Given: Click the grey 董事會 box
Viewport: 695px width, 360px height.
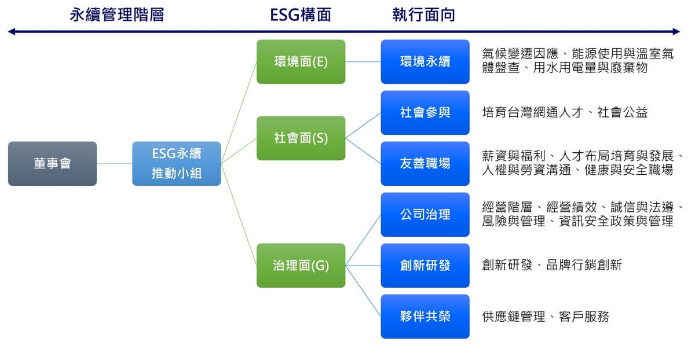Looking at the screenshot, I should (x=52, y=164).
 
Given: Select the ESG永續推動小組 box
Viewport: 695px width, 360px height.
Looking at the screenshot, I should (x=177, y=164).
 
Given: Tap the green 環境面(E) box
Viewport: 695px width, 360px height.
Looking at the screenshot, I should (x=301, y=62).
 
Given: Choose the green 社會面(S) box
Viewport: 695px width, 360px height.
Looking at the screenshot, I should (x=301, y=138).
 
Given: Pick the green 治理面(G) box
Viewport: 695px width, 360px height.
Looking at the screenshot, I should (x=301, y=266).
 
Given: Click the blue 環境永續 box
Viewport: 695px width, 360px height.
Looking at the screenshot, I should (x=425, y=62).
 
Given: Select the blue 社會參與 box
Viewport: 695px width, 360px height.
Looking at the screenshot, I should (x=425, y=112).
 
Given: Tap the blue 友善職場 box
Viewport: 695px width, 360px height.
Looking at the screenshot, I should (x=425, y=164).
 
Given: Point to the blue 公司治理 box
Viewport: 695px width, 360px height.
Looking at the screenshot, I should (x=425, y=215).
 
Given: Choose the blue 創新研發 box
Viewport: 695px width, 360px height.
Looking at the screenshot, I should (x=425, y=266).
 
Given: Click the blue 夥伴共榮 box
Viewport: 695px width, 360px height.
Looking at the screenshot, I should (x=425, y=317).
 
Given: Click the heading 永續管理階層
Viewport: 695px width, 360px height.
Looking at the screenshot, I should (x=116, y=15).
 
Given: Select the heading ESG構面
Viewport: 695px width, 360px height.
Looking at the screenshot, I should (x=301, y=15).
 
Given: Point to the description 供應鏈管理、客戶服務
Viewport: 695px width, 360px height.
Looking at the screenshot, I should (x=546, y=317).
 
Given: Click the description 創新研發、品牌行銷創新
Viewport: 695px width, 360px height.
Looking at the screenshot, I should (x=552, y=266).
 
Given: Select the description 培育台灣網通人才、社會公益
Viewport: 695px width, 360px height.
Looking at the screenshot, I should (x=565, y=112).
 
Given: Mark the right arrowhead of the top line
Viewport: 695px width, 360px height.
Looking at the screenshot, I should (x=676, y=32).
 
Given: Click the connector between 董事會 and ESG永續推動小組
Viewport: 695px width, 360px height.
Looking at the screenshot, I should (x=115, y=164).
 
